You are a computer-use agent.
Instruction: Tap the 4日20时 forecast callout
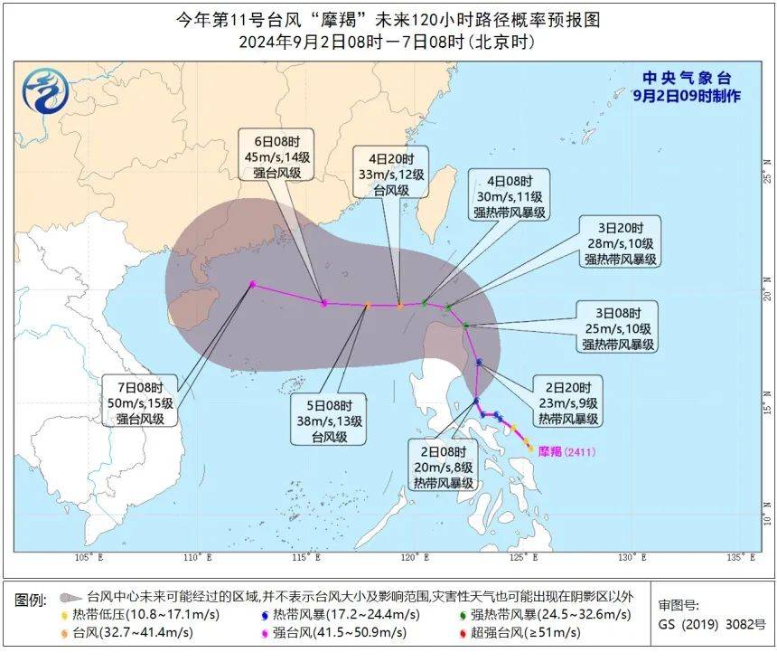coord(391,173)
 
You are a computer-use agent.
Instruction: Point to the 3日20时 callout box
coord(621,241)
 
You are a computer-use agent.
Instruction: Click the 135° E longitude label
coord(741,558)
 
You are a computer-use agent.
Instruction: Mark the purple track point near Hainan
coord(252,284)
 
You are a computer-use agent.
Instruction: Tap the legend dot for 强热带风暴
coord(464,615)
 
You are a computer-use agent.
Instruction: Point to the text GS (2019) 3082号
coord(711,624)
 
